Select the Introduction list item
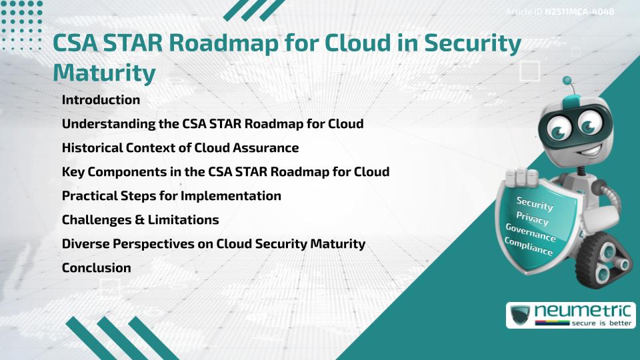click(101, 100)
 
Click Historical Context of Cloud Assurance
click(180, 148)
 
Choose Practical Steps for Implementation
click(171, 196)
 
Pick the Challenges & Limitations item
click(140, 220)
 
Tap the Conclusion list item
click(96, 268)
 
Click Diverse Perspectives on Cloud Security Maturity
click(213, 244)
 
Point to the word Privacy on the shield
click(532, 219)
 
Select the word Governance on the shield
click(531, 233)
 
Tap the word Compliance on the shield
click(529, 247)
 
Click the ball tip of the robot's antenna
click(567, 81)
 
